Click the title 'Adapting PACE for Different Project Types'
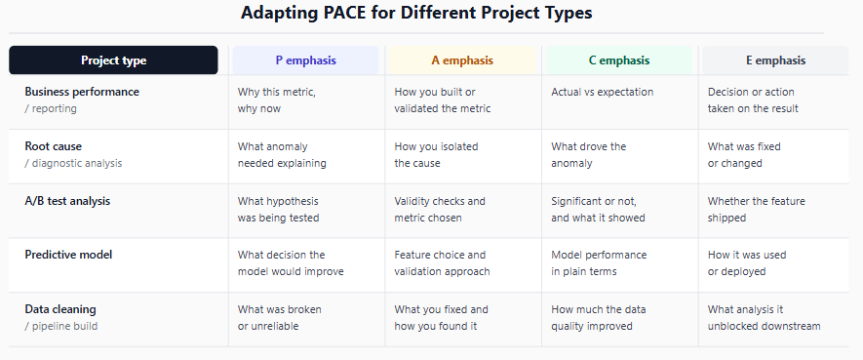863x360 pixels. click(x=416, y=13)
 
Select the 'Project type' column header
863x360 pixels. click(x=113, y=60)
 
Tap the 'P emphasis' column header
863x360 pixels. click(x=305, y=60)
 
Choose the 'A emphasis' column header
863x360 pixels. click(x=462, y=60)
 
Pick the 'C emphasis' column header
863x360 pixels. click(x=618, y=60)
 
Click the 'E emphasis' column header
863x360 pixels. click(x=775, y=60)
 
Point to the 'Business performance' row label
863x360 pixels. click(x=82, y=92)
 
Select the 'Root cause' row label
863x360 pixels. click(x=53, y=146)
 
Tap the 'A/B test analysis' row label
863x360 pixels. click(x=67, y=201)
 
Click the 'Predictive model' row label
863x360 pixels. click(x=68, y=255)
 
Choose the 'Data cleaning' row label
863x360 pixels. click(x=60, y=309)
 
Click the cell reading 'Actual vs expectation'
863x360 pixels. click(x=602, y=92)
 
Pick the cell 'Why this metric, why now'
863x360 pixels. click(x=276, y=100)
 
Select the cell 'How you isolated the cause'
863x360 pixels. click(x=436, y=155)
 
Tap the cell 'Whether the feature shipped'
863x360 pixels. click(x=757, y=209)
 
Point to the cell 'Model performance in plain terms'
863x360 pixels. click(x=599, y=263)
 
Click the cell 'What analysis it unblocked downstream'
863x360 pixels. click(x=764, y=318)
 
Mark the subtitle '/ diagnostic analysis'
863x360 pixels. click(x=73, y=164)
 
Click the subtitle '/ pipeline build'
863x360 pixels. click(x=61, y=327)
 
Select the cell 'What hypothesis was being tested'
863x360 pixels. click(x=278, y=209)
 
